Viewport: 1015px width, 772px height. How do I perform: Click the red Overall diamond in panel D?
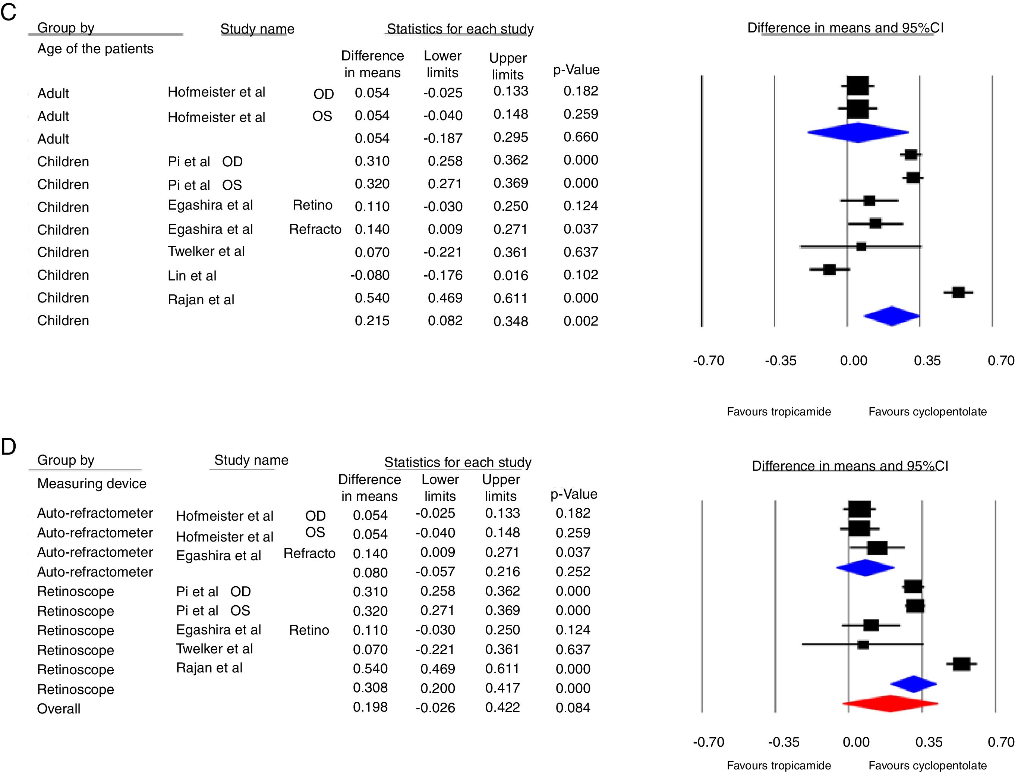coord(890,703)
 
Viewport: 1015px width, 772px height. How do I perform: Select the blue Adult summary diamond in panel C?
coord(857,133)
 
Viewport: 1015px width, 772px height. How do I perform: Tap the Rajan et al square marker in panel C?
coord(958,292)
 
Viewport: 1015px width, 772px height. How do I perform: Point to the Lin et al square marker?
coord(829,269)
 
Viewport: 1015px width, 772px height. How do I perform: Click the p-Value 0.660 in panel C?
coord(580,137)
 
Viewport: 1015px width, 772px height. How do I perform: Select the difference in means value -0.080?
coord(370,275)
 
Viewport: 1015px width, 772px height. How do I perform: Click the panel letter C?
coord(8,12)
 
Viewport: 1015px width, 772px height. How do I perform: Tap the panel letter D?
coord(8,446)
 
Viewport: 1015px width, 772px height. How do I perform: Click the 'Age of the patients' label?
coord(95,49)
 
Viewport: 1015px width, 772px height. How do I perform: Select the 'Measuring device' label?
coord(91,483)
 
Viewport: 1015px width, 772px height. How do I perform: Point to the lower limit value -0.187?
coord(443,138)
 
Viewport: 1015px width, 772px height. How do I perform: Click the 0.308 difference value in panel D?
coord(370,688)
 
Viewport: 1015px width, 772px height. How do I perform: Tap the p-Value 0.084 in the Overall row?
coord(573,708)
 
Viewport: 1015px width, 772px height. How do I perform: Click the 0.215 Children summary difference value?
coord(372,321)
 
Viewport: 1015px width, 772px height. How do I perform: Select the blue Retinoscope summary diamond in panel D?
coord(913,684)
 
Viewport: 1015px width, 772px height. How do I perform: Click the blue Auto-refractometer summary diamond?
coord(865,568)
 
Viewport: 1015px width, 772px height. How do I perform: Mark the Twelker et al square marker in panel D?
coord(863,644)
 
